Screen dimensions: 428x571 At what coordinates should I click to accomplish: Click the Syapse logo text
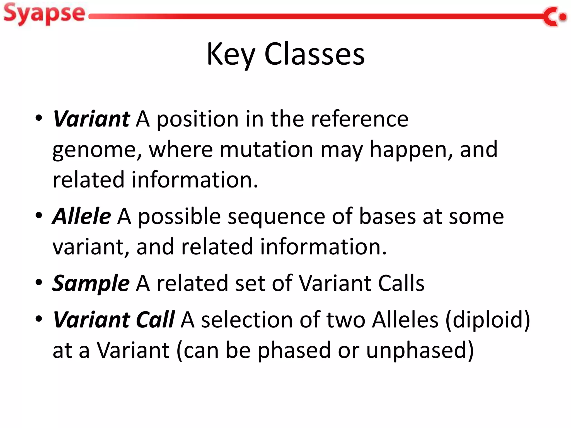44,14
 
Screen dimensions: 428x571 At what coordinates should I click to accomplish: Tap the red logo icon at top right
555,17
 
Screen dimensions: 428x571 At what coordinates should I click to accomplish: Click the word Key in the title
231,54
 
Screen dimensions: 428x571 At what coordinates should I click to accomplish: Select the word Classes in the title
314,54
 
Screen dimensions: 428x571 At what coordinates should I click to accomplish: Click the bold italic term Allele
82,216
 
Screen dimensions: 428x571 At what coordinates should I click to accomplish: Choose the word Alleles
405,320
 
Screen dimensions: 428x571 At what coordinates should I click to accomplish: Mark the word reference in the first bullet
359,119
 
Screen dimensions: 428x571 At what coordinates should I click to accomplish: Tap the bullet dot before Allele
39,215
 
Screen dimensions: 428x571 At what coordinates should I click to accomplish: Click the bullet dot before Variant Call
39,319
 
